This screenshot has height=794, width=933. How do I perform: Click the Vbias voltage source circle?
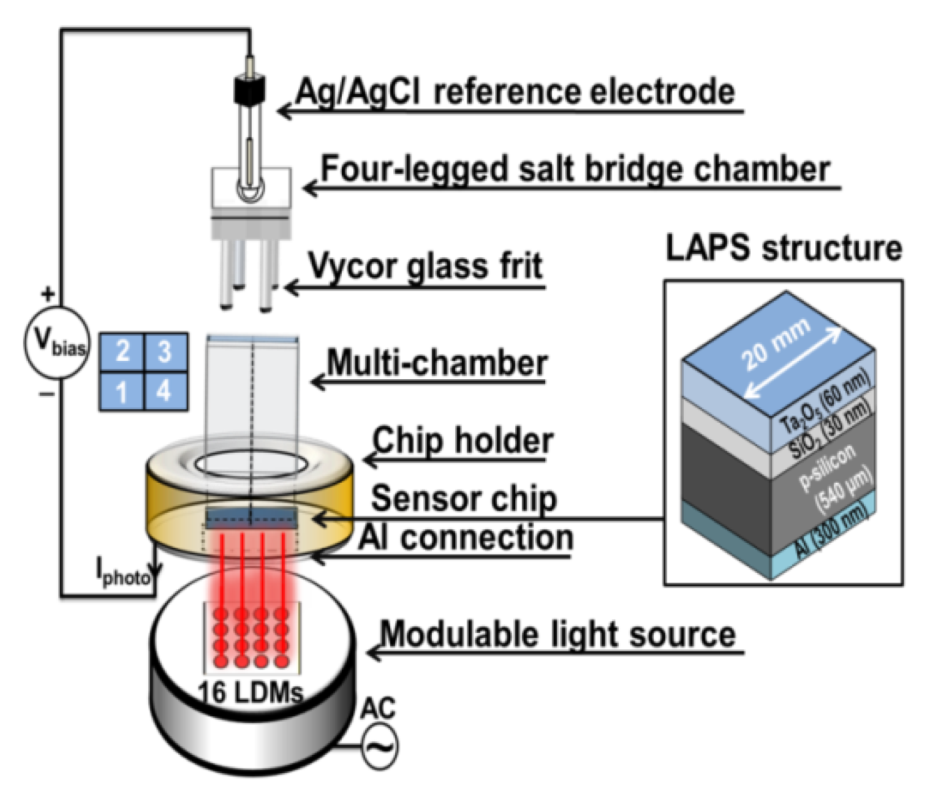click(57, 342)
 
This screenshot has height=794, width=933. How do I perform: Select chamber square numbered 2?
click(122, 352)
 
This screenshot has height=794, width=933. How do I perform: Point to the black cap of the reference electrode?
click(249, 89)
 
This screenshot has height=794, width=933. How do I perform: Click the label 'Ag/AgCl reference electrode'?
click(515, 92)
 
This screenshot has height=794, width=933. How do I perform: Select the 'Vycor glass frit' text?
click(425, 267)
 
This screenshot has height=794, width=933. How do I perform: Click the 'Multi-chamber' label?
click(437, 363)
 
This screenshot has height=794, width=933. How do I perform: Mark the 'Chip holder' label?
click(463, 440)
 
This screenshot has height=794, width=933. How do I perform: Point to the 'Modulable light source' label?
click(557, 634)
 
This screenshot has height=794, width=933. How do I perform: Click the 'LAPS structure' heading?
click(784, 248)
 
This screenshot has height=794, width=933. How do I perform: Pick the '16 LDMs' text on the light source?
click(251, 693)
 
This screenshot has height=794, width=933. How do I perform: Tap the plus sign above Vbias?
click(48, 294)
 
